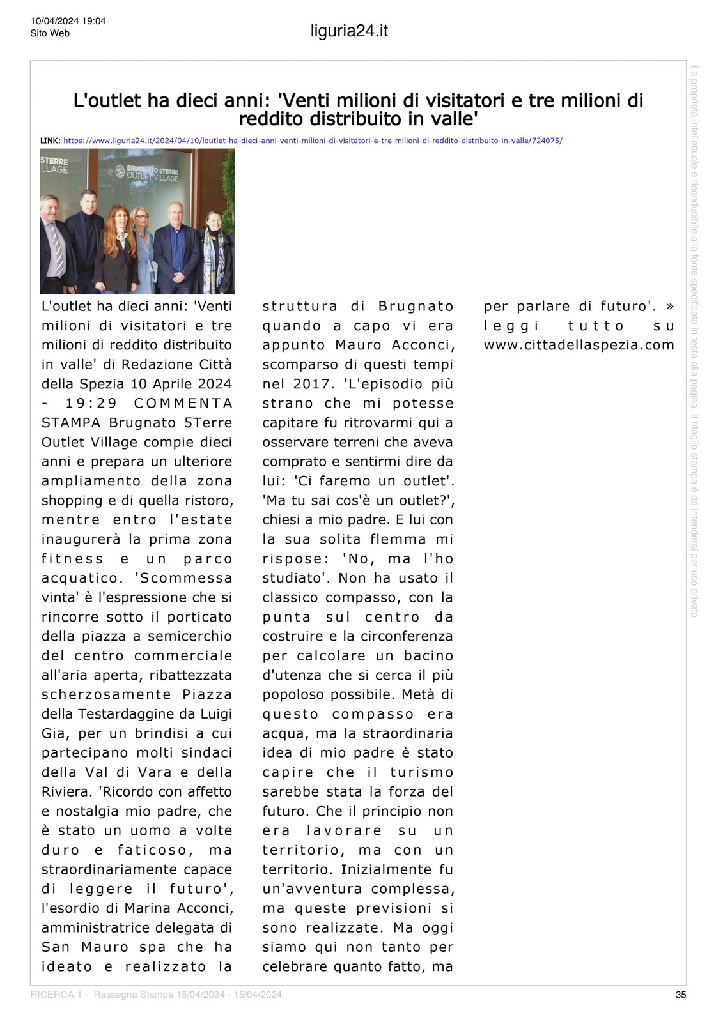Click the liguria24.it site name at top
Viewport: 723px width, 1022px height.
pos(349,31)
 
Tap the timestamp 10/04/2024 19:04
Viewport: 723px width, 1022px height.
pos(68,21)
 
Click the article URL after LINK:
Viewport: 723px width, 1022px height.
pos(313,141)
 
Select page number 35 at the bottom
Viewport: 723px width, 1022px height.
pos(681,995)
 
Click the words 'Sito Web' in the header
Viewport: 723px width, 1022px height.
pos(50,33)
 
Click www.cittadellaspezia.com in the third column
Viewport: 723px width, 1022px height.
pos(579,346)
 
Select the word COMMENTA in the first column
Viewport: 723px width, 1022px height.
pos(183,403)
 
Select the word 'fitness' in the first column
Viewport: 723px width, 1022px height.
pos(72,559)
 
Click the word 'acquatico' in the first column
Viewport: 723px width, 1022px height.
pos(81,578)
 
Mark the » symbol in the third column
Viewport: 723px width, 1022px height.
pos(669,306)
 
